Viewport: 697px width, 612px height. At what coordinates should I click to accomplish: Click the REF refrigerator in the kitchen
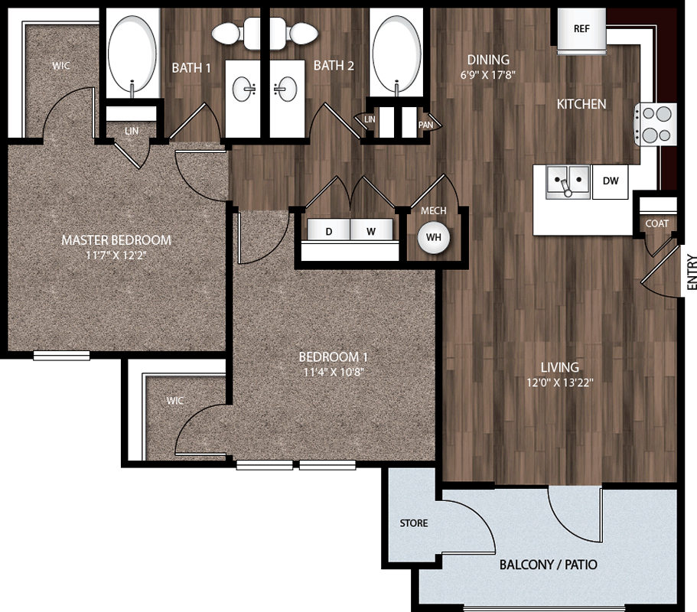click(x=581, y=31)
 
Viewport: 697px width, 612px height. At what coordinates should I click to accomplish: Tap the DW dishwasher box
click(x=611, y=181)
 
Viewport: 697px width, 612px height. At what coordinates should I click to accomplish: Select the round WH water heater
click(x=433, y=237)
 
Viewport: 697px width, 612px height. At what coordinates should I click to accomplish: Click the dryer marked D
click(x=328, y=230)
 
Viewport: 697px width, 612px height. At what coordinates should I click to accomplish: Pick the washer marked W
click(x=371, y=230)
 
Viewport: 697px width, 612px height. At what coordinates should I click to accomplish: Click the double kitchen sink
click(x=568, y=181)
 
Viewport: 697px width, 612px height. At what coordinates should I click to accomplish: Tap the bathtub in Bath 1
click(x=132, y=54)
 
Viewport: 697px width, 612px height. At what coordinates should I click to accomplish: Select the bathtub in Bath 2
click(x=396, y=54)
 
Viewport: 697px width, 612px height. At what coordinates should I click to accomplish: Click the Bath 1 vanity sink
click(x=243, y=89)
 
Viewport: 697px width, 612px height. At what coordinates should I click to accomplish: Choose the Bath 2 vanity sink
click(x=285, y=89)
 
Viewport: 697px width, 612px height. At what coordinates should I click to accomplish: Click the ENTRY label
click(x=691, y=272)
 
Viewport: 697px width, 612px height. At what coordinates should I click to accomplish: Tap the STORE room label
click(x=414, y=523)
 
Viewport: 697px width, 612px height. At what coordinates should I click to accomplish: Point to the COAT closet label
click(x=657, y=223)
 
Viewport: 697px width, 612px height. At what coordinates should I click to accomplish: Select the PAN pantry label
click(x=425, y=125)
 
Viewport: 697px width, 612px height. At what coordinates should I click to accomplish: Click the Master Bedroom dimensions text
click(x=116, y=256)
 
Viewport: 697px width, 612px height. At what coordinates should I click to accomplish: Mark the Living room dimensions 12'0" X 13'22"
click(x=560, y=382)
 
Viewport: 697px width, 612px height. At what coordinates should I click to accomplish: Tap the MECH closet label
click(x=433, y=210)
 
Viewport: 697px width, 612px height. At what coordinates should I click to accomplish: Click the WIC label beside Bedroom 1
click(x=175, y=400)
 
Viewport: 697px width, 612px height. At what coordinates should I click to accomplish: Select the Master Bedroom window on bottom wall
click(x=62, y=356)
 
